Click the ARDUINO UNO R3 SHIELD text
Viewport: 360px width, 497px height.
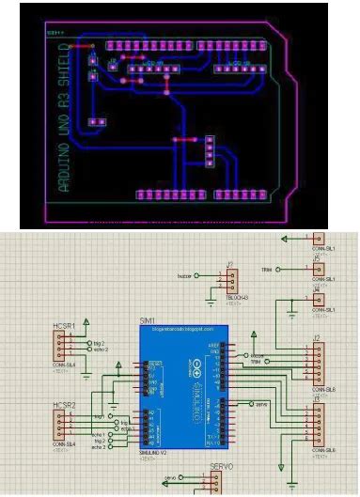pos(65,116)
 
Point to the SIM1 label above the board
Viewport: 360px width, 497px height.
pos(148,321)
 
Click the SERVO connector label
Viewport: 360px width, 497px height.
pos(222,467)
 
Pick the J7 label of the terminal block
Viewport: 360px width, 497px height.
pos(229,266)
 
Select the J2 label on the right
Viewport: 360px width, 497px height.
pos(318,336)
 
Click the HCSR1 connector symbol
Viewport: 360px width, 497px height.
pos(67,349)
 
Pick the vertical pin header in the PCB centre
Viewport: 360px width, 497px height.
pos(210,147)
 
